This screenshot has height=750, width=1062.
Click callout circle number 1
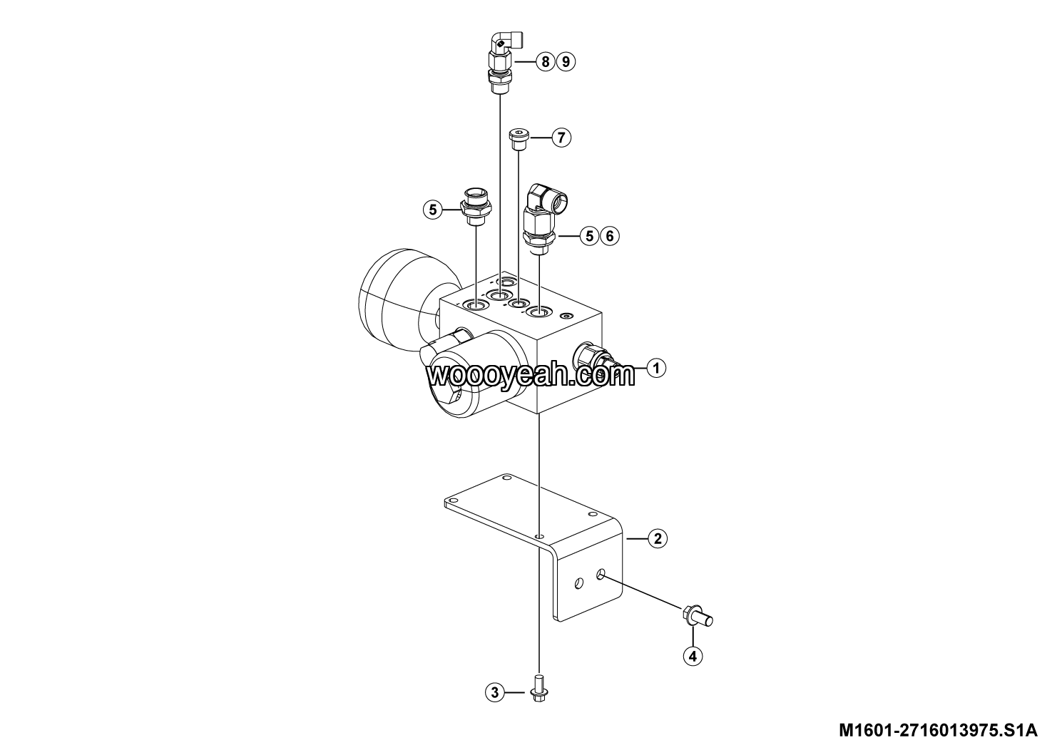tap(656, 368)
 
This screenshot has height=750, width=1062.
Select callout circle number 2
tap(657, 538)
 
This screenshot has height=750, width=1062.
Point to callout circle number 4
tap(693, 656)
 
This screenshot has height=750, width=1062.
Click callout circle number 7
tap(561, 138)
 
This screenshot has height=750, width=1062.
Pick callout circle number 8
tap(546, 61)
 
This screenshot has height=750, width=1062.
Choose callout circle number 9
tap(566, 61)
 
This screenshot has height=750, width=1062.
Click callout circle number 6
tap(610, 236)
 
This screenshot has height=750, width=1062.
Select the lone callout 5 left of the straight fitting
tap(433, 210)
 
